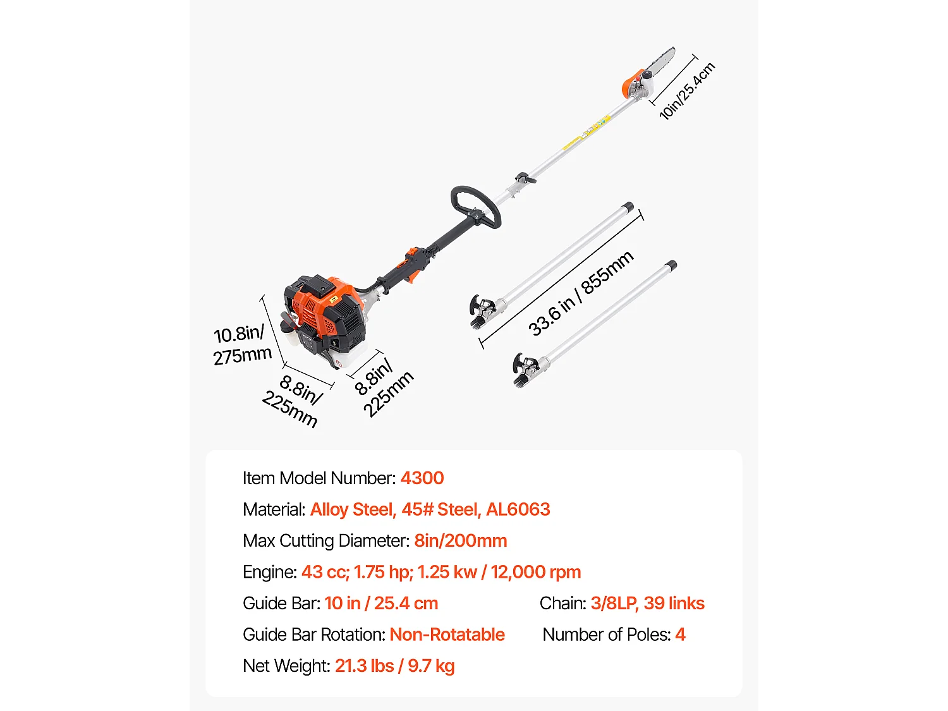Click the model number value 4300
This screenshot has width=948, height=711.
pyautogui.click(x=422, y=478)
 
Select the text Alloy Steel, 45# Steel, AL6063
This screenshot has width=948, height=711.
pyautogui.click(x=430, y=509)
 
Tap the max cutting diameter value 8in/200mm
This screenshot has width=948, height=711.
pyautogui.click(x=460, y=541)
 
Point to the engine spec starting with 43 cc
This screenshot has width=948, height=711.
pyautogui.click(x=441, y=572)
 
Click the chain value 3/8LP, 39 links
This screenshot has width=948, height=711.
pyautogui.click(x=647, y=604)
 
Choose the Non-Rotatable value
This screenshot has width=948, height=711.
pyautogui.click(x=447, y=635)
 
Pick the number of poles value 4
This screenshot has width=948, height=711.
pyautogui.click(x=680, y=635)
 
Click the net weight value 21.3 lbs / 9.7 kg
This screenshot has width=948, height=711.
pyautogui.click(x=394, y=666)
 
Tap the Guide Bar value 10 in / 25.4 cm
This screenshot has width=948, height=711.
pyautogui.click(x=381, y=604)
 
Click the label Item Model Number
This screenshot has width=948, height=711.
pyautogui.click(x=319, y=478)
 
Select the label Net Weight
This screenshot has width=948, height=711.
pyautogui.click(x=286, y=666)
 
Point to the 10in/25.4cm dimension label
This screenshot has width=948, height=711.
pyautogui.click(x=687, y=90)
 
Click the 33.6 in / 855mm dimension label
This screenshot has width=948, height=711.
pyautogui.click(x=580, y=293)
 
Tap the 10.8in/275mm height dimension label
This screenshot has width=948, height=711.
pyautogui.click(x=241, y=344)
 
